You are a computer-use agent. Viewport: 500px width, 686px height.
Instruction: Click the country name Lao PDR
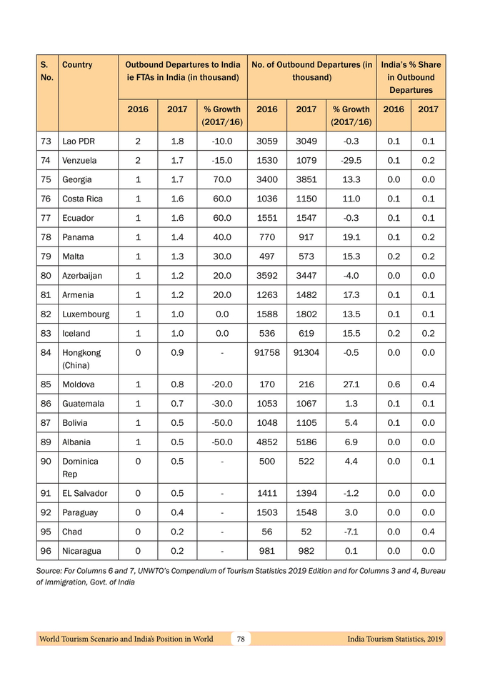[78, 141]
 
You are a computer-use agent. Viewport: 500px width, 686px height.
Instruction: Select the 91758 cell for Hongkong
[266, 352]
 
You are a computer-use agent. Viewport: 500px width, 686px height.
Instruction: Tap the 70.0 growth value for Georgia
[222, 179]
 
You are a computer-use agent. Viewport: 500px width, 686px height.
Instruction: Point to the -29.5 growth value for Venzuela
[351, 160]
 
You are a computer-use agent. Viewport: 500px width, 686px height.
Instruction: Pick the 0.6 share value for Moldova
[394, 384]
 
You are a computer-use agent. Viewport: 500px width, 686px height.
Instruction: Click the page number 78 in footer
[241, 639]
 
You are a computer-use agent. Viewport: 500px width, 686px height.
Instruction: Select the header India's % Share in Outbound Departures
[411, 77]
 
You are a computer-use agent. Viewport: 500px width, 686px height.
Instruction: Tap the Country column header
[77, 65]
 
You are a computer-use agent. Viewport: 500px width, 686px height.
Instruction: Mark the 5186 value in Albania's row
[306, 442]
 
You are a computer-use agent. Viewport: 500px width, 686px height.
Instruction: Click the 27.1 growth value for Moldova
[351, 384]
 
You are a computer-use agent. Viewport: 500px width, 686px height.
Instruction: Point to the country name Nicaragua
[82, 551]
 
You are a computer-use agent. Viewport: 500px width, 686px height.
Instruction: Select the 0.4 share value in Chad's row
[428, 532]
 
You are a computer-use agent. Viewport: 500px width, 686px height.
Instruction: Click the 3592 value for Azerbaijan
[266, 275]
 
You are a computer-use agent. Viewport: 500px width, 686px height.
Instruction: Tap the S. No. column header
[46, 71]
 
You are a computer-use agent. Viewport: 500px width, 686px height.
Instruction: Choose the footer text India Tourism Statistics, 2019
[394, 639]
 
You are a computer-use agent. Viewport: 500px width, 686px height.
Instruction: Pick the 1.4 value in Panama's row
[177, 237]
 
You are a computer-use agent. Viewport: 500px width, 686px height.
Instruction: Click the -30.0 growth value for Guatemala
[222, 403]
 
